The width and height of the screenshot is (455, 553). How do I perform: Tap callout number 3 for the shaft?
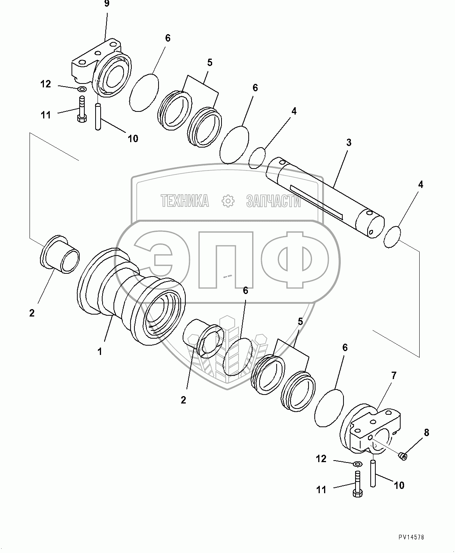(349, 143)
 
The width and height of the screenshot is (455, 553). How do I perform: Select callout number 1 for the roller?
(100, 352)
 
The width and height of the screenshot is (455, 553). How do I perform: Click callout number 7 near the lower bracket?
(394, 376)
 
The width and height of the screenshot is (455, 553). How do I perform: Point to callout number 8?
(426, 433)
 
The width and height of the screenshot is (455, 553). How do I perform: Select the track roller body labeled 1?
(128, 295)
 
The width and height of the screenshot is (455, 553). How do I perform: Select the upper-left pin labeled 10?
(98, 116)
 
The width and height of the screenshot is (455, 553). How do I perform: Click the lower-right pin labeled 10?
(373, 473)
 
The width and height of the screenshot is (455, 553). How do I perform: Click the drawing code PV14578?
(411, 537)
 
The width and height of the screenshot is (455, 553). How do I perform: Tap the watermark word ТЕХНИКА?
(185, 201)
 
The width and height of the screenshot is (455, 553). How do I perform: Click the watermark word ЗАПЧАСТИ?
(273, 201)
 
